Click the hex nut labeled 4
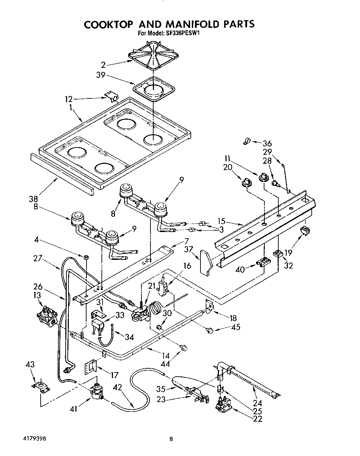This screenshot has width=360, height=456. [x=86, y=257]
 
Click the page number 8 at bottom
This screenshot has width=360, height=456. [x=171, y=439]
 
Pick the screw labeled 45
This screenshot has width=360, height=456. [x=210, y=331]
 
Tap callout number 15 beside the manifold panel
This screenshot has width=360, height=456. [x=222, y=221]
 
